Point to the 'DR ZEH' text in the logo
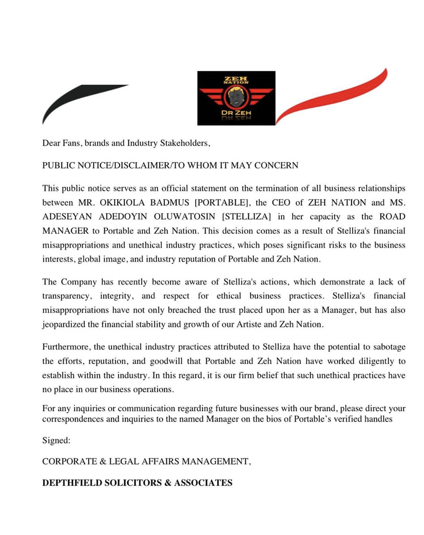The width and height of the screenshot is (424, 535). tap(236, 112)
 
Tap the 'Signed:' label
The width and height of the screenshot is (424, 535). tap(56, 440)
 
